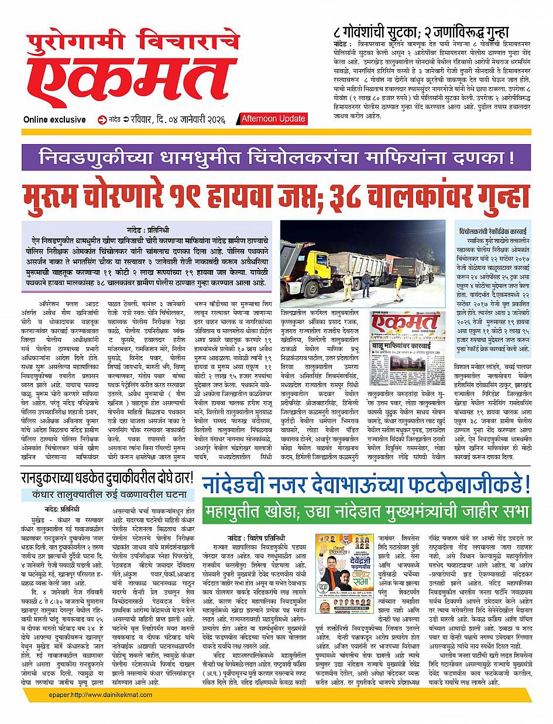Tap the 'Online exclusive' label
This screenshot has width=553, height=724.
(54, 119)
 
